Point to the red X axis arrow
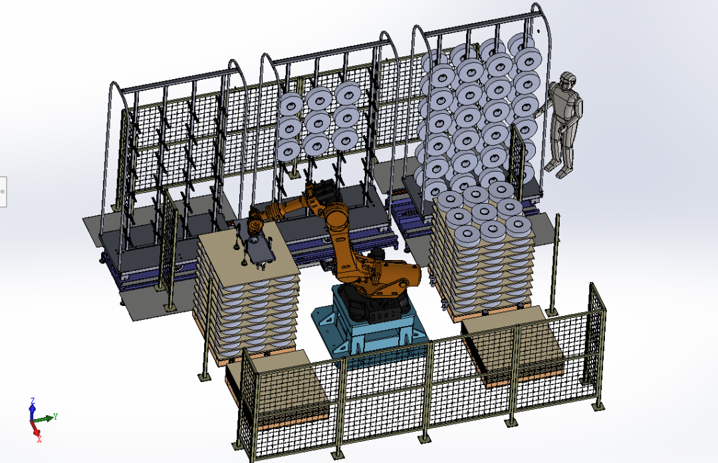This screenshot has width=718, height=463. pyautogui.click(x=37, y=432)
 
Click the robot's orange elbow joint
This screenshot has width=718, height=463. pyautogui.click(x=336, y=216)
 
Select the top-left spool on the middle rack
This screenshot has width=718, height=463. pyautogui.click(x=291, y=105)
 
